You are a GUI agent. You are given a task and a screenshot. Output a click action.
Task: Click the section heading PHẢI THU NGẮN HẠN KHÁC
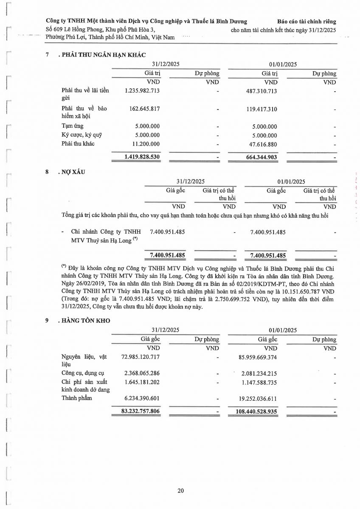pos(104,55)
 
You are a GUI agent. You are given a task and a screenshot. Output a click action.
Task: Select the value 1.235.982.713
pos(142,91)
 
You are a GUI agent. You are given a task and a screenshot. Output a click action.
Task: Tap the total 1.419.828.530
pos(142,157)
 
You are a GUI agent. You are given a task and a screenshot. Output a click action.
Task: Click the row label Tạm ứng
pos(73,126)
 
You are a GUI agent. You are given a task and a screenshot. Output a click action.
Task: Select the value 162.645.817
pos(144,109)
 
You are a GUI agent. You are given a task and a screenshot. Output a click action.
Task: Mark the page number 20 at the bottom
pos(180,491)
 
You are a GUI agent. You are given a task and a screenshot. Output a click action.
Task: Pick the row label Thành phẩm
pos(76,398)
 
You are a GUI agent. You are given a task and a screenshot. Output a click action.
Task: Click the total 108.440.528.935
pos(259,411)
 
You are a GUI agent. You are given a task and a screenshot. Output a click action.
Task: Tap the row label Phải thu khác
pos(78,144)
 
